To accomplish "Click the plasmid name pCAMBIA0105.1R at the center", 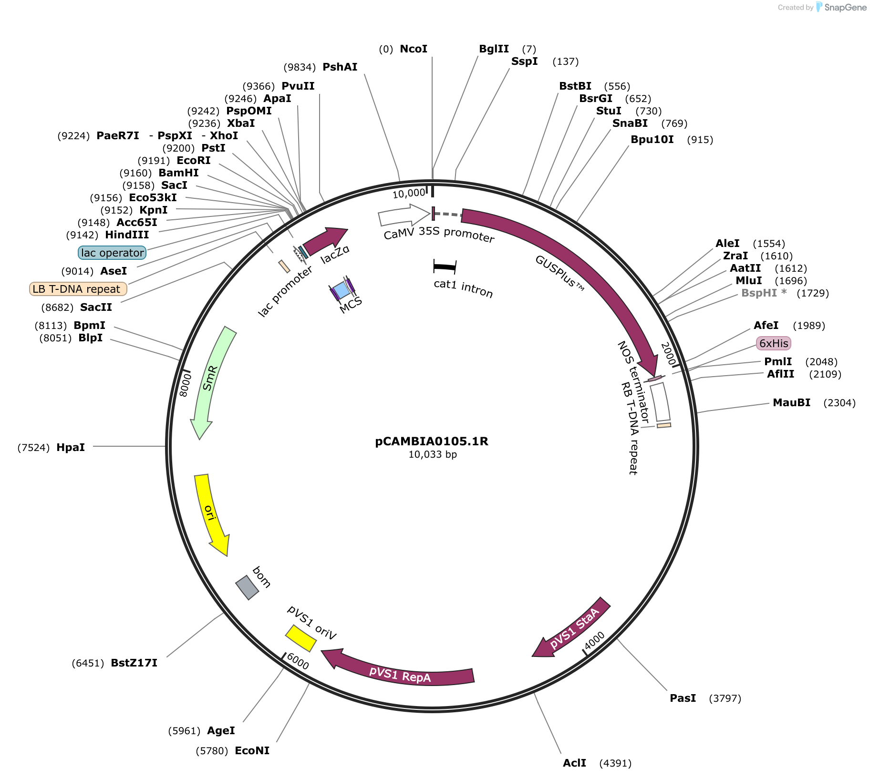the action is tap(432, 441).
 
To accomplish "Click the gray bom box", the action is tap(247, 587).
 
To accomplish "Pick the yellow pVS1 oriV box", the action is tap(301, 638).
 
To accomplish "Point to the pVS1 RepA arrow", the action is tap(399, 670).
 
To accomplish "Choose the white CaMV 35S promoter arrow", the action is tap(404, 215).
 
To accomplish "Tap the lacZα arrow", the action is tap(325, 241).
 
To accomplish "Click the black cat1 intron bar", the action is tap(445, 267).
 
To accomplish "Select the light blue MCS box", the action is tap(342, 289).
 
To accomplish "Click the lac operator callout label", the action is tap(112, 253).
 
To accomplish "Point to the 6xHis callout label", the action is tap(774, 343).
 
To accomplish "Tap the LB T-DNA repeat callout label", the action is tap(78, 289).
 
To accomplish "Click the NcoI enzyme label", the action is tap(414, 49).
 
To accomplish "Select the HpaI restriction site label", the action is tap(71, 447).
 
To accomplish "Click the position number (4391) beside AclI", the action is tap(615, 763).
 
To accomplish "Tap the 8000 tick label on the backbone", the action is tap(185, 385).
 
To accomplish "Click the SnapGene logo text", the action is tap(845, 7).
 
